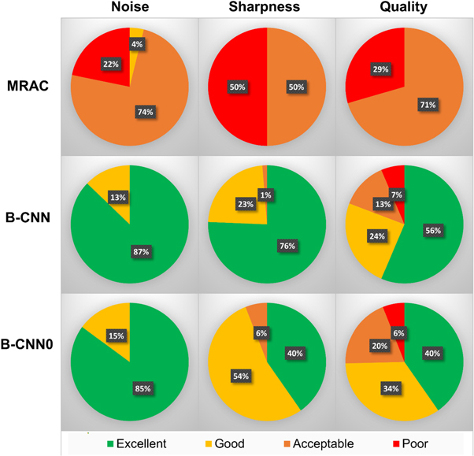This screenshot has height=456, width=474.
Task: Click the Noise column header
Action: pos(130,8)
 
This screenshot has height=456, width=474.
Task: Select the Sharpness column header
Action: pos(267,8)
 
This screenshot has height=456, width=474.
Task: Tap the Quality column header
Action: pos(403,8)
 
